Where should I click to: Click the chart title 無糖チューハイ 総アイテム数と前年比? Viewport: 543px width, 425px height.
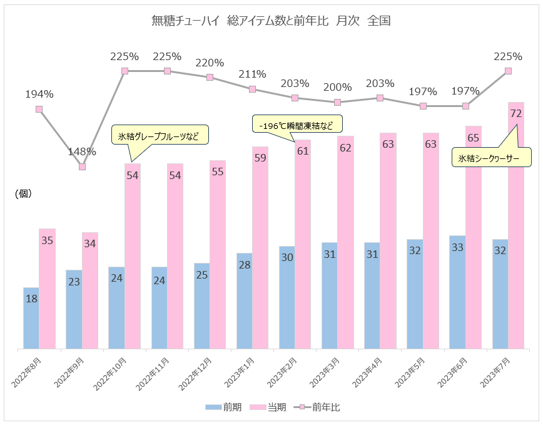pyautogui.click(x=271, y=21)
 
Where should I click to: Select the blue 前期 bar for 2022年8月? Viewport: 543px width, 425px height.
pyautogui.click(x=31, y=317)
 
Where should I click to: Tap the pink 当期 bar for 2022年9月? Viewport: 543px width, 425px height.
pyautogui.click(x=90, y=290)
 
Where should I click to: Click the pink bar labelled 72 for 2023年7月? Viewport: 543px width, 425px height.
pyautogui.click(x=516, y=225)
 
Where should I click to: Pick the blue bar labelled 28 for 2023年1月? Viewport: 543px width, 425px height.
pyautogui.click(x=245, y=300)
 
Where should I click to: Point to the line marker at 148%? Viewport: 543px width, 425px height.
pyautogui.click(x=82, y=166)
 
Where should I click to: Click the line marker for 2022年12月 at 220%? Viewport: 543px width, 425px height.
pyautogui.click(x=210, y=77)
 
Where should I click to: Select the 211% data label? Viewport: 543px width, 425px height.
pyautogui.click(x=252, y=74)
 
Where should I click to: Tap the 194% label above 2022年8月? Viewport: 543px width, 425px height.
pyautogui.click(x=39, y=95)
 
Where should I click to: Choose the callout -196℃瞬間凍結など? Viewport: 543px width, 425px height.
pyautogui.click(x=298, y=124)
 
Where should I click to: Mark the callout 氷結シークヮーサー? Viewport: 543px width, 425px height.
pyautogui.click(x=492, y=158)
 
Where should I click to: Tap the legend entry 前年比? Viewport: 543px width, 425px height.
pyautogui.click(x=318, y=407)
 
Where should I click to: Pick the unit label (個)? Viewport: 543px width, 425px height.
pyautogui.click(x=23, y=194)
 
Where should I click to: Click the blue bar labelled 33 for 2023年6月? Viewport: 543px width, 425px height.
pyautogui.click(x=457, y=292)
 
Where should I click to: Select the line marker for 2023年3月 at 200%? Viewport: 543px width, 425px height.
pyautogui.click(x=338, y=102)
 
